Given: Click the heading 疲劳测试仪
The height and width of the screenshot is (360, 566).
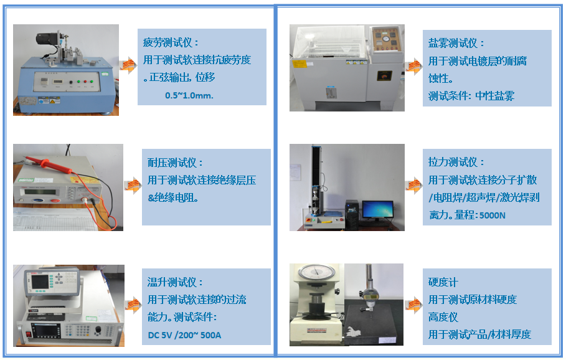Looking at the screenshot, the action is pyautogui.click(x=168, y=42).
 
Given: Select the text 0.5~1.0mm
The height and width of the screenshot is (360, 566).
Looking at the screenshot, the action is pyautogui.click(x=189, y=95).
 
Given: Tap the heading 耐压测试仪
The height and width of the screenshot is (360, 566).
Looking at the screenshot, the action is pyautogui.click(x=172, y=163).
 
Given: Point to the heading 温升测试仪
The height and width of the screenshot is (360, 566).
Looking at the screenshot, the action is pyautogui.click(x=172, y=282).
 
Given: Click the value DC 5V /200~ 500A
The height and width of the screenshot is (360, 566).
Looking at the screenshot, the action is pyautogui.click(x=184, y=335).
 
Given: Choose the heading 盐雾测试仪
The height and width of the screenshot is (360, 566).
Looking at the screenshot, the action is pyautogui.click(x=453, y=44).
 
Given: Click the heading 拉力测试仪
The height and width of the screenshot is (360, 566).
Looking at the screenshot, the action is pyautogui.click(x=453, y=162).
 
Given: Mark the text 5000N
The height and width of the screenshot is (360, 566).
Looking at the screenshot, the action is pyautogui.click(x=493, y=216).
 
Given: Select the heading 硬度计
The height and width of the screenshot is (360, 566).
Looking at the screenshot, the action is pyautogui.click(x=443, y=282).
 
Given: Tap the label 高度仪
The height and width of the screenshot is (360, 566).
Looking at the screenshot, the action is pyautogui.click(x=443, y=317).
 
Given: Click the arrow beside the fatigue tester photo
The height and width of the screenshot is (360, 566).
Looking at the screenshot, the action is pyautogui.click(x=128, y=65).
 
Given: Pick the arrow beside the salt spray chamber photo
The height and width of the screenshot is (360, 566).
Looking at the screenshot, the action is pyautogui.click(x=413, y=67).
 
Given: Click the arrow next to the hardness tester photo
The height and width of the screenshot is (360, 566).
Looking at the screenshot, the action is pyautogui.click(x=413, y=305).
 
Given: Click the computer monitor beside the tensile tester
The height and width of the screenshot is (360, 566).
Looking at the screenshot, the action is pyautogui.click(x=377, y=210).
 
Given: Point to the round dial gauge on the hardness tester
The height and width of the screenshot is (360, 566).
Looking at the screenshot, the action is pyautogui.click(x=316, y=275).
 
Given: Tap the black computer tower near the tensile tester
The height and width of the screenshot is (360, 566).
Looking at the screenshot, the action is pyautogui.click(x=352, y=215).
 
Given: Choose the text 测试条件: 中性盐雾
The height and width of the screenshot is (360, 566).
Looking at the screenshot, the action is pyautogui.click(x=471, y=96).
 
